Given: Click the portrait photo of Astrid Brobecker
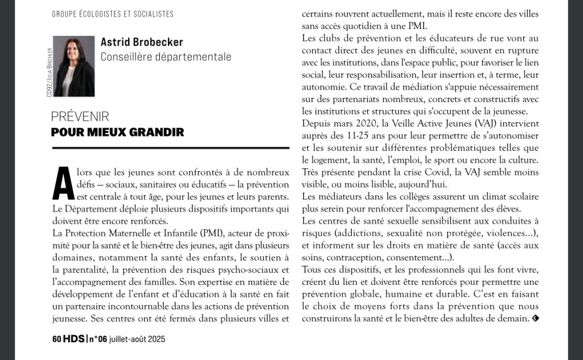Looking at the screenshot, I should tap(74, 66).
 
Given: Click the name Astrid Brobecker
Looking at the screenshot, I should tap(142, 42).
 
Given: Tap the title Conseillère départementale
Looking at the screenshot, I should tap(166, 56).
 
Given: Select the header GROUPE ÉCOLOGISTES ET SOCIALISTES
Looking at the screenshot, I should tap(113, 14).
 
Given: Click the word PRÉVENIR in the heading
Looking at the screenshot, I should tap(80, 117).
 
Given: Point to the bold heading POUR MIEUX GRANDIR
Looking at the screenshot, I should tap(117, 132).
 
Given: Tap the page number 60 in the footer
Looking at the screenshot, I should tap(56, 338).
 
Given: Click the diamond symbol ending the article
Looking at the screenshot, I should tap(535, 318).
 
